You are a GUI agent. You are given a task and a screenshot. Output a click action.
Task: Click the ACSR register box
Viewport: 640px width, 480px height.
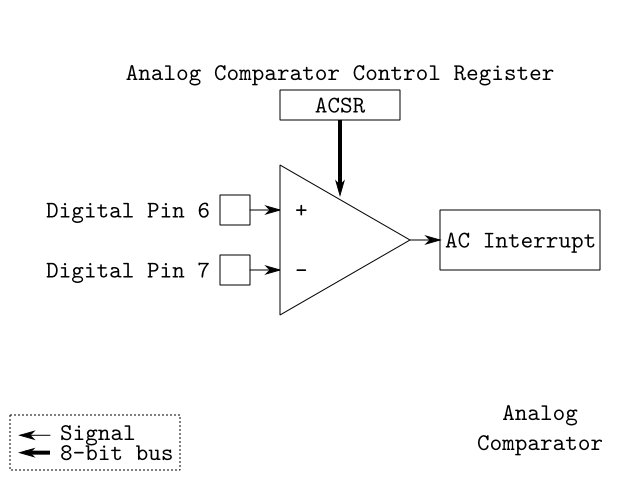point(340,106)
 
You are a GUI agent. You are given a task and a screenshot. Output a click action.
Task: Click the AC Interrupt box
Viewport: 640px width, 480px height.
point(520,240)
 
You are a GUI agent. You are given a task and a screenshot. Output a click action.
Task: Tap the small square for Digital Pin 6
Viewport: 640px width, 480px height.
point(234,211)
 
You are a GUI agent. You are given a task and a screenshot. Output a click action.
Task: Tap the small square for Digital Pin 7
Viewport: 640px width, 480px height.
point(234,270)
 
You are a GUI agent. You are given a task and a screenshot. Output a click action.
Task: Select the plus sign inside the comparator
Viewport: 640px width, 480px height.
point(301,211)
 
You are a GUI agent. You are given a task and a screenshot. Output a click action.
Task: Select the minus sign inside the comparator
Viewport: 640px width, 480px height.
point(301,270)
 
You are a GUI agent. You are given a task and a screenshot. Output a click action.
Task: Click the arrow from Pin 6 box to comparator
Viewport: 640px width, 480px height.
point(264,211)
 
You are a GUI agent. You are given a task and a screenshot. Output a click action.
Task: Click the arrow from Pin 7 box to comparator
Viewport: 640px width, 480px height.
point(264,270)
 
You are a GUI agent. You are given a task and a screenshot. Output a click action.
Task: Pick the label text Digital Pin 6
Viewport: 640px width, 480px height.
point(126,211)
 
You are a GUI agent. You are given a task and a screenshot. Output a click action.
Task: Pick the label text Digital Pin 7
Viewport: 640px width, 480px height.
point(126,270)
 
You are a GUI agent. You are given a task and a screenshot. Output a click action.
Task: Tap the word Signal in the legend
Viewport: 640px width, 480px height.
point(96,434)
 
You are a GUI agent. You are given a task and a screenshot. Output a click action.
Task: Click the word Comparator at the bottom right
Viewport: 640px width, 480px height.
point(540,442)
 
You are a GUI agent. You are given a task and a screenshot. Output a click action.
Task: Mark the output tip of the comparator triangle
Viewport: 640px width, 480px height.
point(409,240)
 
